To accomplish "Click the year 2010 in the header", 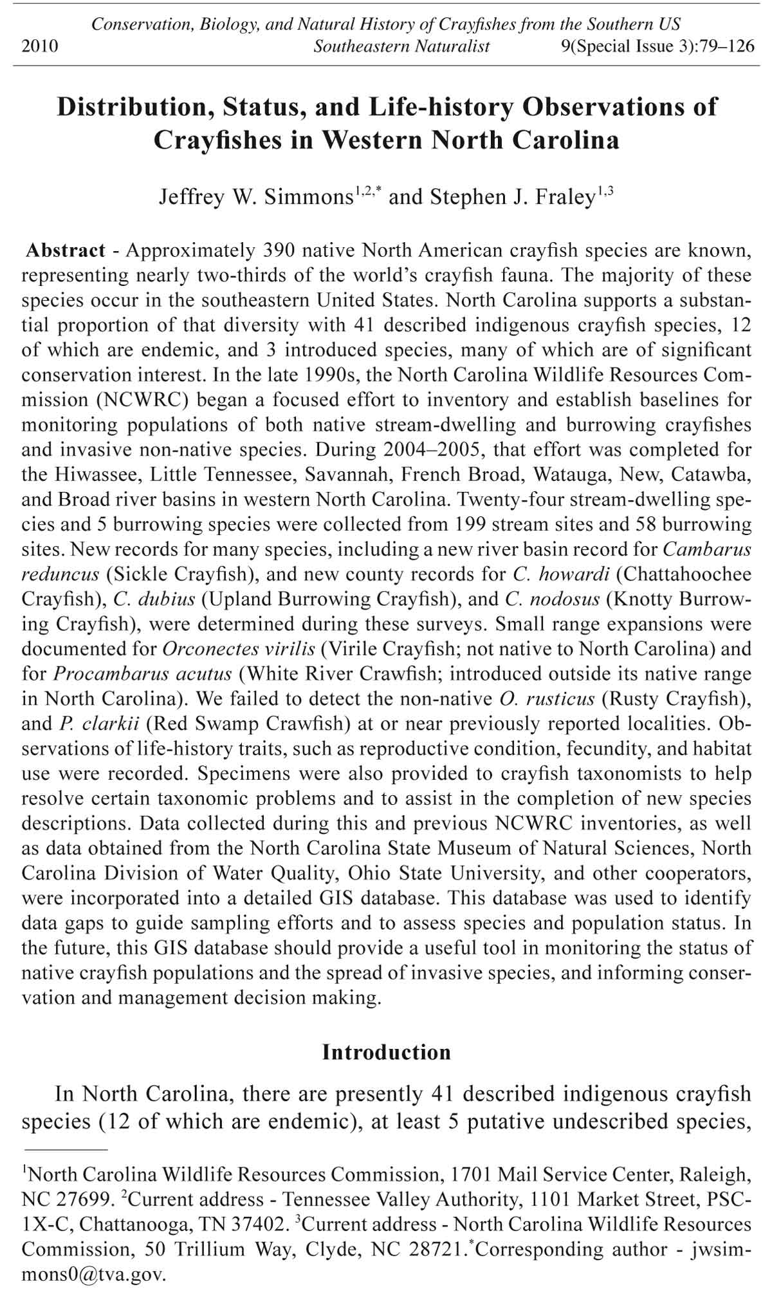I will tap(40, 46).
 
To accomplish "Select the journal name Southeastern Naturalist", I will tap(401, 46).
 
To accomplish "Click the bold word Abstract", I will tap(66, 250).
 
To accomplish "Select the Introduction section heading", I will tap(386, 1052).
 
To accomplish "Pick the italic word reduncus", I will tap(60, 574).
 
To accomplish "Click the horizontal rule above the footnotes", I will tap(65, 1149).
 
